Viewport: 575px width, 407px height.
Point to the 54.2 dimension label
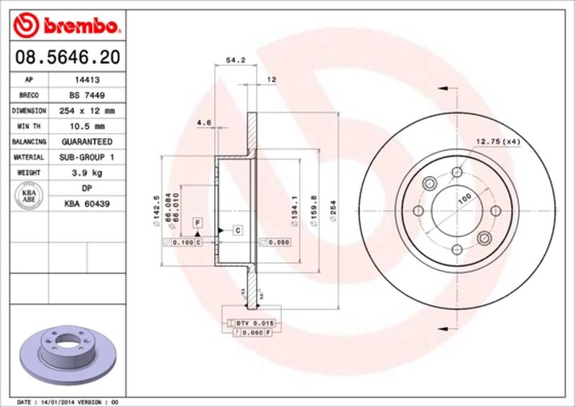coord(231,61)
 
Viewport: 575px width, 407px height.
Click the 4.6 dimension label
coord(203,123)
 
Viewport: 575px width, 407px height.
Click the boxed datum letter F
coord(196,223)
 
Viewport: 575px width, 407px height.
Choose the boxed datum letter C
coord(236,230)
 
